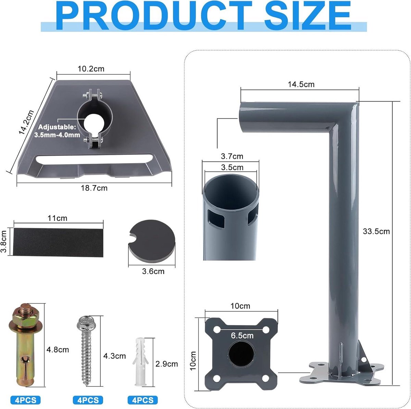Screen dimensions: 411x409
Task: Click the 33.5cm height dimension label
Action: [376, 232]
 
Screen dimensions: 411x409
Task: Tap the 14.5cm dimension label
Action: [301, 85]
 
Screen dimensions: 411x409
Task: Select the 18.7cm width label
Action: [94, 188]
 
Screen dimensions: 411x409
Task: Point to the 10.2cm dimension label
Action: [91, 69]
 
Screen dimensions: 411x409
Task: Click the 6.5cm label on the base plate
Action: [242, 336]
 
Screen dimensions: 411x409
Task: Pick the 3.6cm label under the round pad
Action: [153, 271]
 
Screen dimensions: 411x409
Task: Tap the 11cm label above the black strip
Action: [58, 218]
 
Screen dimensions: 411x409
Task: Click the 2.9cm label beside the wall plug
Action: [166, 364]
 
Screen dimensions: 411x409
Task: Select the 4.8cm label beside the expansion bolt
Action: [58, 350]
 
